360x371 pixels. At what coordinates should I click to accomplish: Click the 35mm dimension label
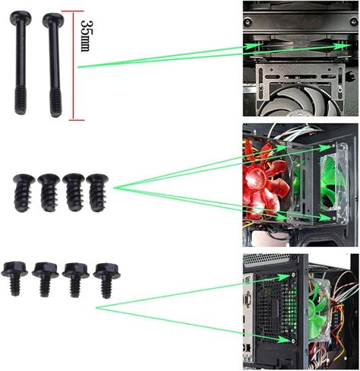tap(85, 36)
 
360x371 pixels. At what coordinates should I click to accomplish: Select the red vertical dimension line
tap(74, 65)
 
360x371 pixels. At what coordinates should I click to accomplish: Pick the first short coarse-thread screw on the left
tap(24, 192)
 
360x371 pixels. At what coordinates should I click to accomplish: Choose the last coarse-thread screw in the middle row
tap(97, 192)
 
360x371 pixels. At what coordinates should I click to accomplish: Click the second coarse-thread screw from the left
tap(49, 192)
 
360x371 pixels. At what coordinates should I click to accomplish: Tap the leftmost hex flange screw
tap(14, 278)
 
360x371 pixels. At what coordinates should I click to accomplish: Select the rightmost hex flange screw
tap(106, 281)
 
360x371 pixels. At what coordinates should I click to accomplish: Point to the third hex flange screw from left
tap(76, 280)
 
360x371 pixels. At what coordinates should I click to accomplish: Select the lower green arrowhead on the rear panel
tap(283, 340)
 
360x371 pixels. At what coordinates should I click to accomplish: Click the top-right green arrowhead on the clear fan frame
tap(325, 147)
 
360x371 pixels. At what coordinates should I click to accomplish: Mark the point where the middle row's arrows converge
tap(115, 188)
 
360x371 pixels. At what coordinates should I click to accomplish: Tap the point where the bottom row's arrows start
tap(97, 308)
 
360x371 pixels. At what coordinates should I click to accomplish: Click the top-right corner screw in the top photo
tap(354, 21)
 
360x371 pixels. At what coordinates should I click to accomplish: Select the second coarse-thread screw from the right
tap(74, 192)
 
